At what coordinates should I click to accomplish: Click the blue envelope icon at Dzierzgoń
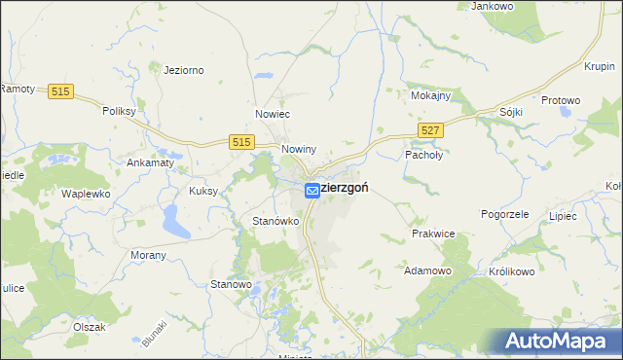311,191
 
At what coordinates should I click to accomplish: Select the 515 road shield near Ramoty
60,91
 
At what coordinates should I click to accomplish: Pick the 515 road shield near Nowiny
243,142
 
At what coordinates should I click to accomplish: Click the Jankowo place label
492,6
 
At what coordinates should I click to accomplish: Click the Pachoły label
423,155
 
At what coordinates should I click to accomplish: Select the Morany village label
148,255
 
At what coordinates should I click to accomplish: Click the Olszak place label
89,327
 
